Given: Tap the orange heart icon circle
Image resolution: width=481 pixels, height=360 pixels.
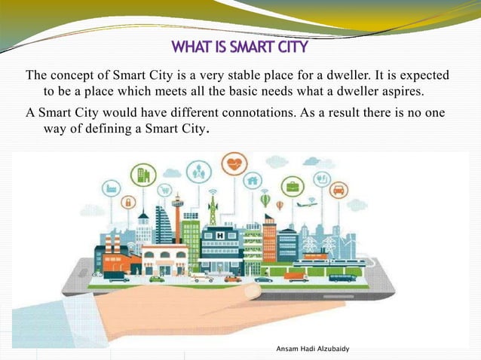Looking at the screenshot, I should pyautogui.click(x=234, y=163).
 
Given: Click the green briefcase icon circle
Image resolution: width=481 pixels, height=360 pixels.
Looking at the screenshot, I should pyautogui.click(x=292, y=185).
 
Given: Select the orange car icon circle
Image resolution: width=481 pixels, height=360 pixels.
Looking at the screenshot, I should pyautogui.click(x=339, y=190).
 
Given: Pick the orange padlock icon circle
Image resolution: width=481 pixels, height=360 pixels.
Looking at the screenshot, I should pyautogui.click(x=128, y=202).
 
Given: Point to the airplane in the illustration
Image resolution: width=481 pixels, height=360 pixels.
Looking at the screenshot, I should pyautogui.click(x=306, y=203).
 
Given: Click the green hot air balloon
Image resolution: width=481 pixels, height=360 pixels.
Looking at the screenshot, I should pyautogui.click(x=265, y=200).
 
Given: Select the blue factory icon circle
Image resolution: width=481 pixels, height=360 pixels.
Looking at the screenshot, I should pyautogui.click(x=112, y=187).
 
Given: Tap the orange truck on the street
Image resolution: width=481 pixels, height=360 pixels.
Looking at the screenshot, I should pyautogui.click(x=297, y=276).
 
